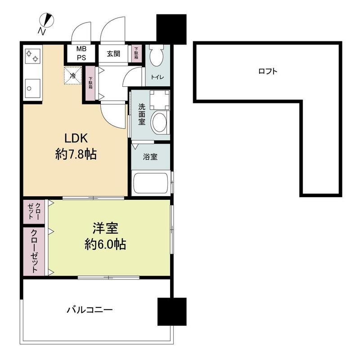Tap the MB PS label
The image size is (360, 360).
[81, 53]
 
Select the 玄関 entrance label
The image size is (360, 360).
[113, 54]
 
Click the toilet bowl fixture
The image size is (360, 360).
[156, 55]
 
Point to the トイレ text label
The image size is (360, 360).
[157, 77]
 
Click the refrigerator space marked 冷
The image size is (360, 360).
[73, 76]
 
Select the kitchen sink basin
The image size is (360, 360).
[32, 88]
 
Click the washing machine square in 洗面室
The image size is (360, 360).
[160, 100]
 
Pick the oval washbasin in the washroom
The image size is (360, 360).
[160, 122]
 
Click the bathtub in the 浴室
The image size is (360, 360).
[151, 183]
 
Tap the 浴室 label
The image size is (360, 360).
[150, 157]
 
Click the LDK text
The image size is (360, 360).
[76, 139]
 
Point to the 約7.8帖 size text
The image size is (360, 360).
[76, 154]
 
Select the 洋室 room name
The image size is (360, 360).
[105, 228]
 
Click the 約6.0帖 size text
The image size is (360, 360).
[105, 244]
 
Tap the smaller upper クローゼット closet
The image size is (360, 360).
[34, 211]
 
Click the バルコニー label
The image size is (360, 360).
[90, 310]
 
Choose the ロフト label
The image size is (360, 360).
[268, 71]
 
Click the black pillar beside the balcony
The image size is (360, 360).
[172, 311]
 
